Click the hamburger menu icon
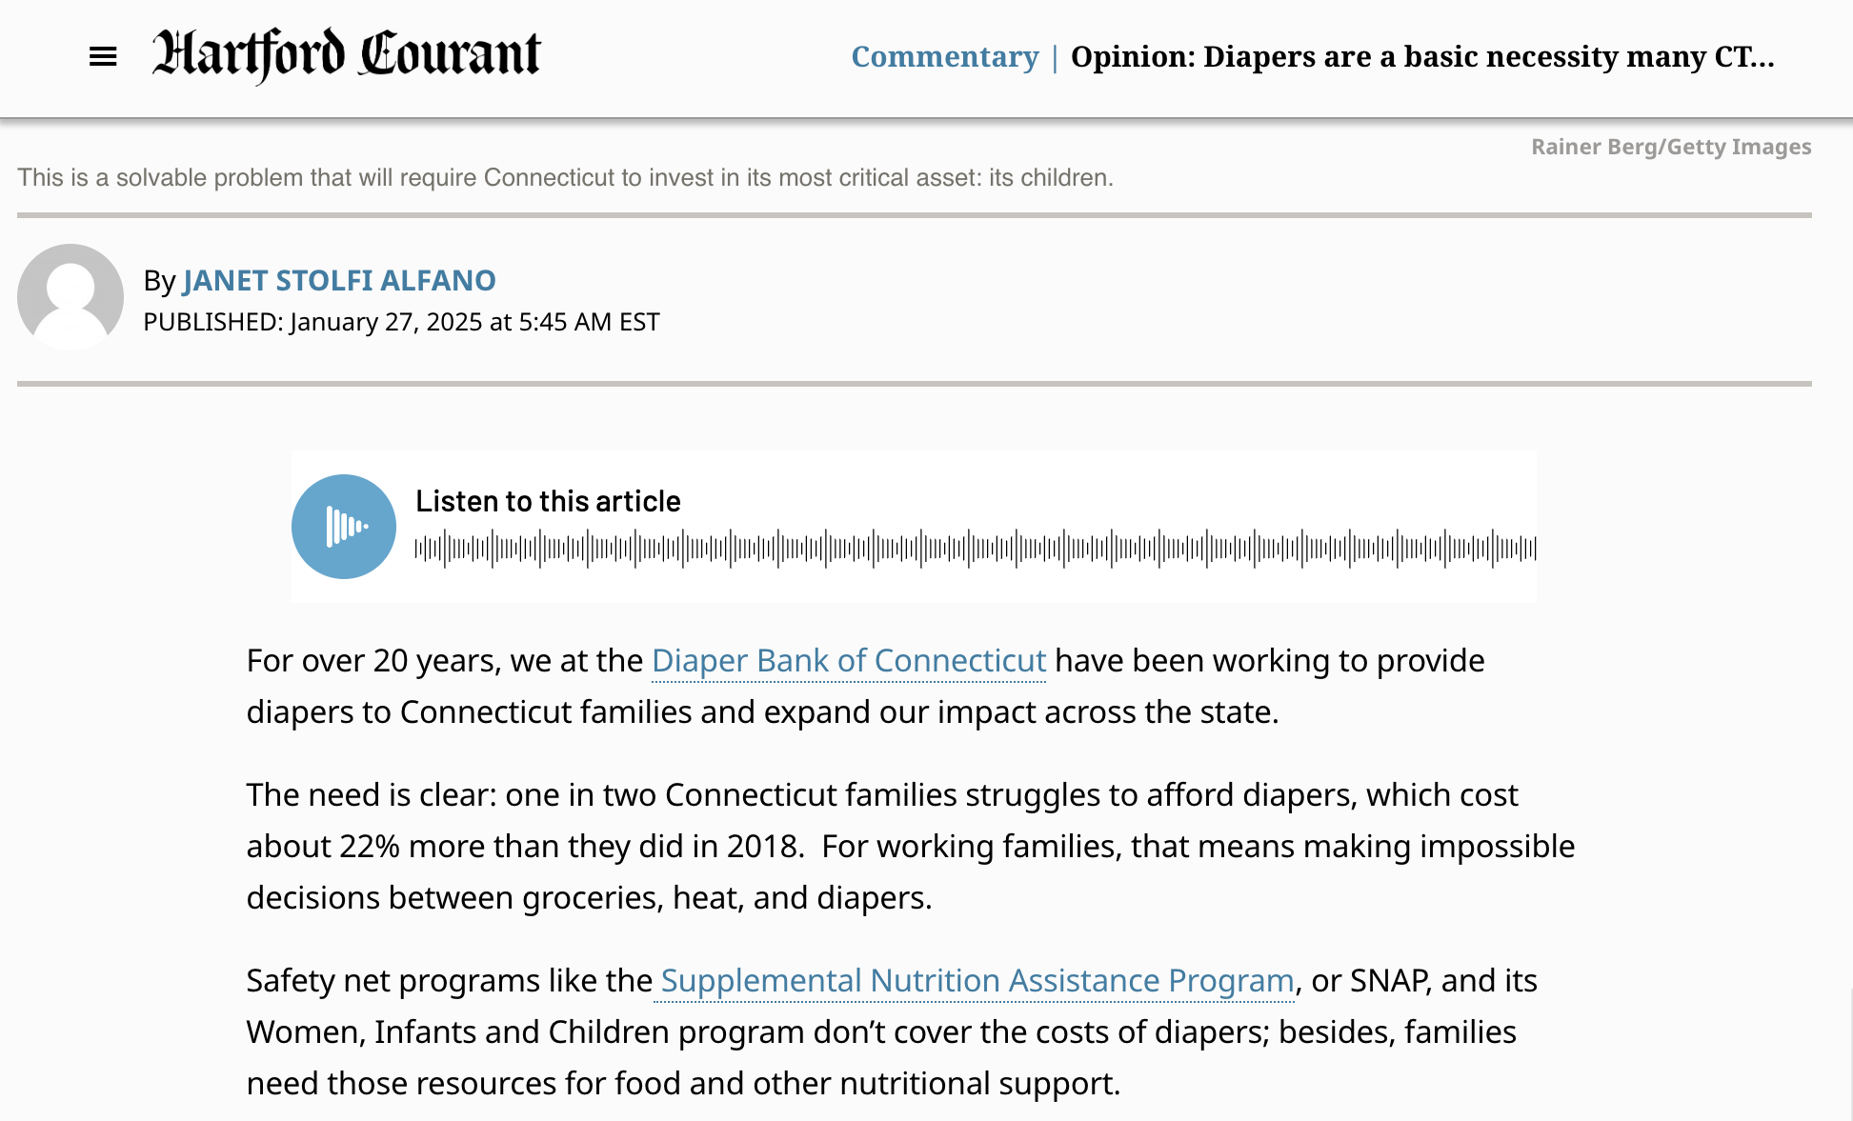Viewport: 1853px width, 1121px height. [103, 57]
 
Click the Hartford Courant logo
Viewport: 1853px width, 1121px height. [347, 54]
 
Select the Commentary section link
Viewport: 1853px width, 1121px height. [944, 57]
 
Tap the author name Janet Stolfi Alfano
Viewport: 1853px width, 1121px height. [339, 280]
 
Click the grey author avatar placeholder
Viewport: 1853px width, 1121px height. [70, 296]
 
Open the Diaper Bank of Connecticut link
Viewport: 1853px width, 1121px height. [848, 661]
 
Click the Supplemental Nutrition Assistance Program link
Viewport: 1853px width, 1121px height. [977, 981]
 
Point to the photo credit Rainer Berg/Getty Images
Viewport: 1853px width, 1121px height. [1671, 147]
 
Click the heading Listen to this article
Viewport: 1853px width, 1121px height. [548, 501]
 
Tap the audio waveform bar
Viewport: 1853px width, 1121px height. [975, 549]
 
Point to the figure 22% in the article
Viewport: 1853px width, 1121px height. [370, 847]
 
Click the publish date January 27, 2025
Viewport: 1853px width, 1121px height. [386, 322]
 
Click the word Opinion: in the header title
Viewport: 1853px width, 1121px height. [1133, 57]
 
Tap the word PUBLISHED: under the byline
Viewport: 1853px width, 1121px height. [213, 322]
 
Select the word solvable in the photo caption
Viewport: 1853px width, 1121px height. [161, 178]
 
